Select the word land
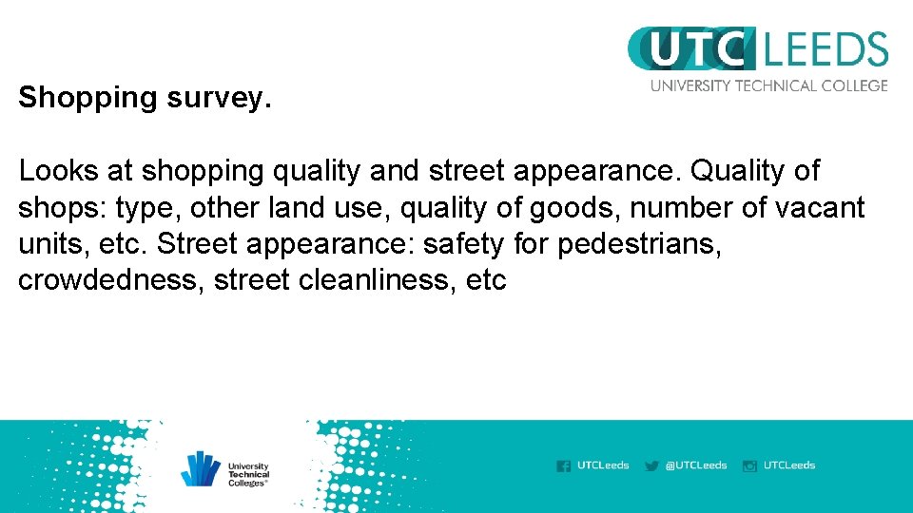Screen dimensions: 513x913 271,208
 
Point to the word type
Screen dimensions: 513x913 145,209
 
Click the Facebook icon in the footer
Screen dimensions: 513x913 564,465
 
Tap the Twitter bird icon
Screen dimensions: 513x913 651,465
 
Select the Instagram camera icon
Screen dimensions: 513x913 749,465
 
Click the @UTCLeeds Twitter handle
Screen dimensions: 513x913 695,465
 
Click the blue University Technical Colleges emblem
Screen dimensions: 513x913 202,467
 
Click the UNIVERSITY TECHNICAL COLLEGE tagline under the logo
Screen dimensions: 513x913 768,85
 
